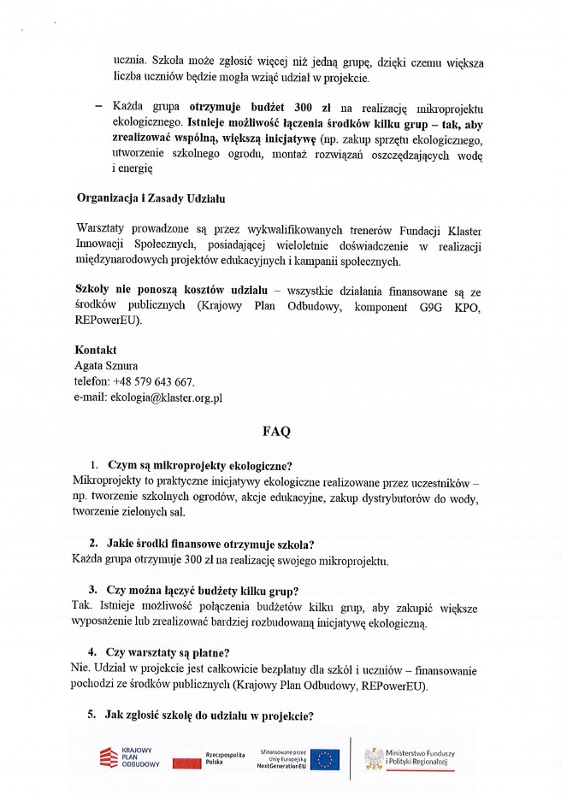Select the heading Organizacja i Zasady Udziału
(x=150, y=198)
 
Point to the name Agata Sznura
(x=107, y=366)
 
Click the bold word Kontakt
(x=96, y=350)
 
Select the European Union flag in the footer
(x=325, y=758)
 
